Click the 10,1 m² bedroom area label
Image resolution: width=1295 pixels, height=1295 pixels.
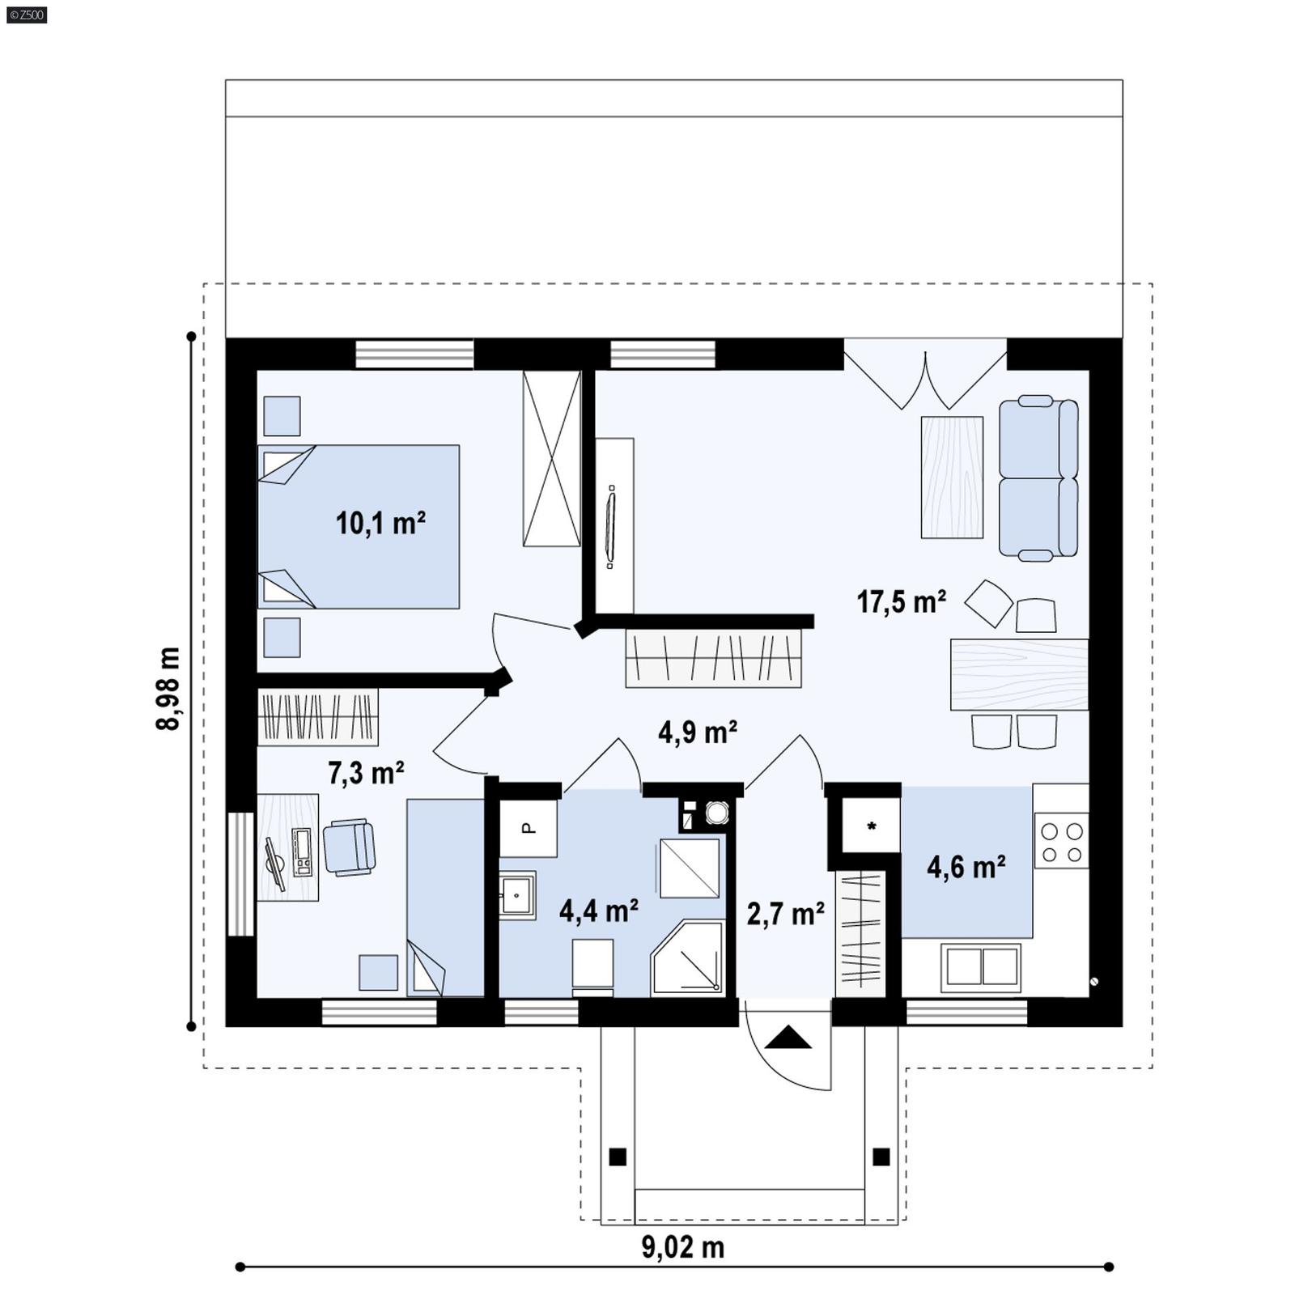tap(380, 524)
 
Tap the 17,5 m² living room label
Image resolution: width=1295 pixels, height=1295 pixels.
tap(902, 602)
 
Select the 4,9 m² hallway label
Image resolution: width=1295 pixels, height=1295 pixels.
tap(697, 732)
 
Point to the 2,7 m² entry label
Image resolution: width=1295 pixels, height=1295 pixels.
tap(785, 914)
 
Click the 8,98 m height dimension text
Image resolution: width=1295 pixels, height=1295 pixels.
tap(168, 688)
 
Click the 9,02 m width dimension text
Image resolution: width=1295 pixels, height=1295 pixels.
tap(682, 1247)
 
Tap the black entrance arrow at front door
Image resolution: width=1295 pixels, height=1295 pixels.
tap(788, 1038)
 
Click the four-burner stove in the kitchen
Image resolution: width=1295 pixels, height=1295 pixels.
tap(1061, 842)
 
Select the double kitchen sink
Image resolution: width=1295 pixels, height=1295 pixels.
tap(981, 966)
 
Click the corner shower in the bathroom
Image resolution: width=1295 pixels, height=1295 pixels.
tap(688, 959)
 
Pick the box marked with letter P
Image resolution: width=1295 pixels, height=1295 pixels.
tap(528, 828)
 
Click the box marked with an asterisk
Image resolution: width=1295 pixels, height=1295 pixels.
tap(872, 826)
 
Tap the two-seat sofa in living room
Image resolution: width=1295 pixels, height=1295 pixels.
tap(1038, 478)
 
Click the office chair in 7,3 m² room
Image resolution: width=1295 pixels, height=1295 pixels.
tap(350, 847)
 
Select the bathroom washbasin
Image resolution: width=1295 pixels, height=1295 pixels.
tap(516, 894)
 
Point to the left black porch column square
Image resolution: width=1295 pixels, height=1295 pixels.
tap(618, 1157)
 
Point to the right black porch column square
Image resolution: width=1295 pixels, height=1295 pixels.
tap(881, 1157)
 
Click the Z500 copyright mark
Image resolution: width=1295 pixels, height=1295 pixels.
tap(26, 14)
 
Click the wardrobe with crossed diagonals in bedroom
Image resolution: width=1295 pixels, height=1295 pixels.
tap(551, 459)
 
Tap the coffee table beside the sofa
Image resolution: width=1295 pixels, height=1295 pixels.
tap(952, 478)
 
